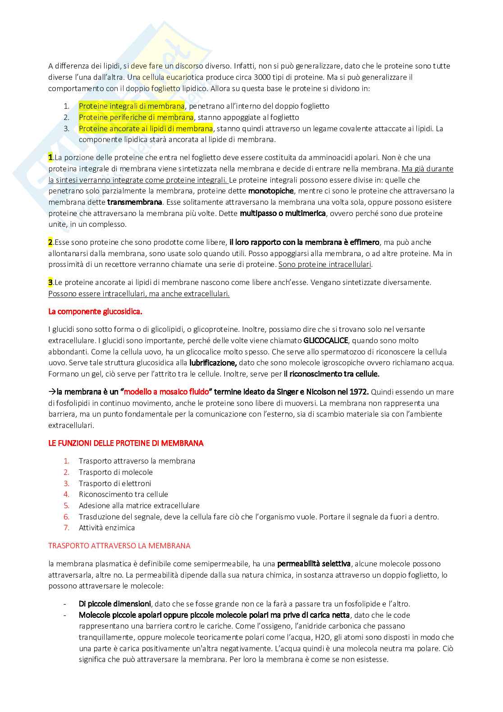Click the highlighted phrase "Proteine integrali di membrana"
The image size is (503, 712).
(x=132, y=106)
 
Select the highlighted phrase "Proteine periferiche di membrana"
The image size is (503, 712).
(x=136, y=117)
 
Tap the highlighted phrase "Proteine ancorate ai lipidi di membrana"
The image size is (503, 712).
(x=146, y=129)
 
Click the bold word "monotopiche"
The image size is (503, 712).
(x=271, y=191)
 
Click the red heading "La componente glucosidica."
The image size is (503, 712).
(x=95, y=312)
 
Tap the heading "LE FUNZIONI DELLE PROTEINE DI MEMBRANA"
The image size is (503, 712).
(x=126, y=443)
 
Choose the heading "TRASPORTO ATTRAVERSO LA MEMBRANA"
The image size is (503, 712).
(x=119, y=546)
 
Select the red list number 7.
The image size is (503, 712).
(x=66, y=528)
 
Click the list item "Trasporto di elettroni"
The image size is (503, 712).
(x=115, y=483)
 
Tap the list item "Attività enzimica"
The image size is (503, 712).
(x=107, y=528)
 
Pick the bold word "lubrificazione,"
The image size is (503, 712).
(x=213, y=363)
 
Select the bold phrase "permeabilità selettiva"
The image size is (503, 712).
(x=314, y=564)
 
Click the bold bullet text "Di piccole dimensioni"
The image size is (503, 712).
(x=115, y=604)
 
